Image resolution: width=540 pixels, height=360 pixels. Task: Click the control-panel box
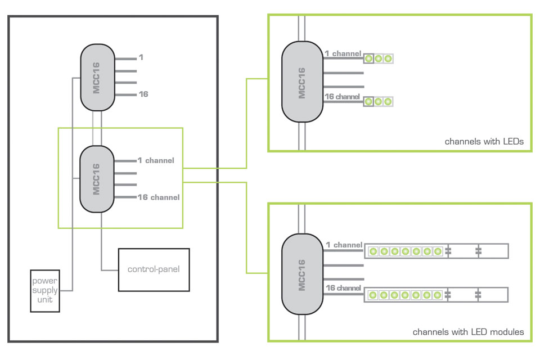pyautogui.click(x=154, y=269)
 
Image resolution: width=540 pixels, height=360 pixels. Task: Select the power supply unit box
pyautogui.click(x=45, y=291)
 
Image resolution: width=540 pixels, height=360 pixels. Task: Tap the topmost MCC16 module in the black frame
pyautogui.click(x=97, y=78)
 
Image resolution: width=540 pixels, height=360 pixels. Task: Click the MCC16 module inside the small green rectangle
pyautogui.click(x=97, y=179)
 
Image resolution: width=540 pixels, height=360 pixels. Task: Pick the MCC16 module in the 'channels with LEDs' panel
pyautogui.click(x=302, y=82)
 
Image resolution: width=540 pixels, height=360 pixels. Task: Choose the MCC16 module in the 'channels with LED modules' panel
pyautogui.click(x=302, y=274)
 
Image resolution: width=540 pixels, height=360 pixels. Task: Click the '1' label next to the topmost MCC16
pyautogui.click(x=141, y=58)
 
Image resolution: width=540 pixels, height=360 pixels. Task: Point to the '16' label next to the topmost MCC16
pyautogui.click(x=143, y=94)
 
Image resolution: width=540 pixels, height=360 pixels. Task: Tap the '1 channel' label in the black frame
pyautogui.click(x=156, y=160)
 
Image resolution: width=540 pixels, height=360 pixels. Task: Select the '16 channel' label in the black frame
pyautogui.click(x=159, y=197)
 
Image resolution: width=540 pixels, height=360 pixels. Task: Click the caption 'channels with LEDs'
pyautogui.click(x=484, y=142)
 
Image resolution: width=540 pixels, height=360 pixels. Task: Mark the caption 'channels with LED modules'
pyautogui.click(x=468, y=332)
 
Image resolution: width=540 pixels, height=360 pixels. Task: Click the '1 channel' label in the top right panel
pyautogui.click(x=343, y=53)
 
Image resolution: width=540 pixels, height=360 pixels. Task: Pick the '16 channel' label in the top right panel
pyautogui.click(x=342, y=97)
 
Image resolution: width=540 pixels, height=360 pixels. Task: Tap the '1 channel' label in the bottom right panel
pyautogui.click(x=344, y=245)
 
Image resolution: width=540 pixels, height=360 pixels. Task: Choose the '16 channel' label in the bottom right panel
pyautogui.click(x=343, y=288)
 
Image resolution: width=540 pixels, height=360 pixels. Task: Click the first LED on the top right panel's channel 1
pyautogui.click(x=369, y=58)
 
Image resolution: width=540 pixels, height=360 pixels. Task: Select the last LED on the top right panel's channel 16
pyautogui.click(x=388, y=102)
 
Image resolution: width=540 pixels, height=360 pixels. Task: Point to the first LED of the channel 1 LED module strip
pyautogui.click(x=373, y=251)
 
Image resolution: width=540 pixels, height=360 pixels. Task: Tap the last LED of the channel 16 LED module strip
pyautogui.click(x=437, y=295)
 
